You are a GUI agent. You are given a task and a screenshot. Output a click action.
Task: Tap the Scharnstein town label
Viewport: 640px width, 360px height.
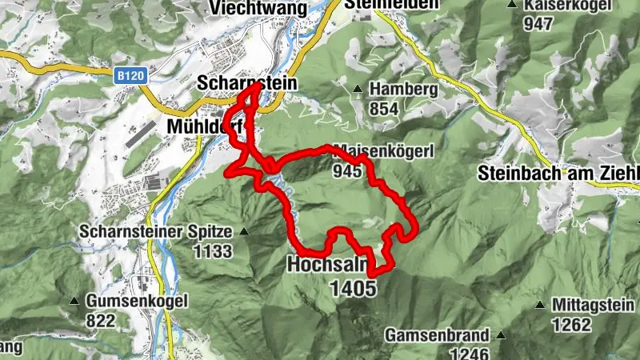click(246, 83)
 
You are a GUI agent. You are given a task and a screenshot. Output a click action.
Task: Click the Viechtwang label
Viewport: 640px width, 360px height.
click(248, 8)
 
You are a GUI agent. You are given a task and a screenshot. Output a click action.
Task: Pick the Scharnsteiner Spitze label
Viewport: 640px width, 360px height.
click(155, 232)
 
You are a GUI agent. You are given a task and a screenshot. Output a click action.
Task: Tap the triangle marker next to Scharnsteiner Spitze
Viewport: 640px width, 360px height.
click(244, 232)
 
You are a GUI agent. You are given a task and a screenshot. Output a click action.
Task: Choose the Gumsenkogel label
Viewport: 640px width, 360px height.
click(138, 302)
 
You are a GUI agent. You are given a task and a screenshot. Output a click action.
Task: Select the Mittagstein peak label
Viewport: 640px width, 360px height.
click(591, 305)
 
